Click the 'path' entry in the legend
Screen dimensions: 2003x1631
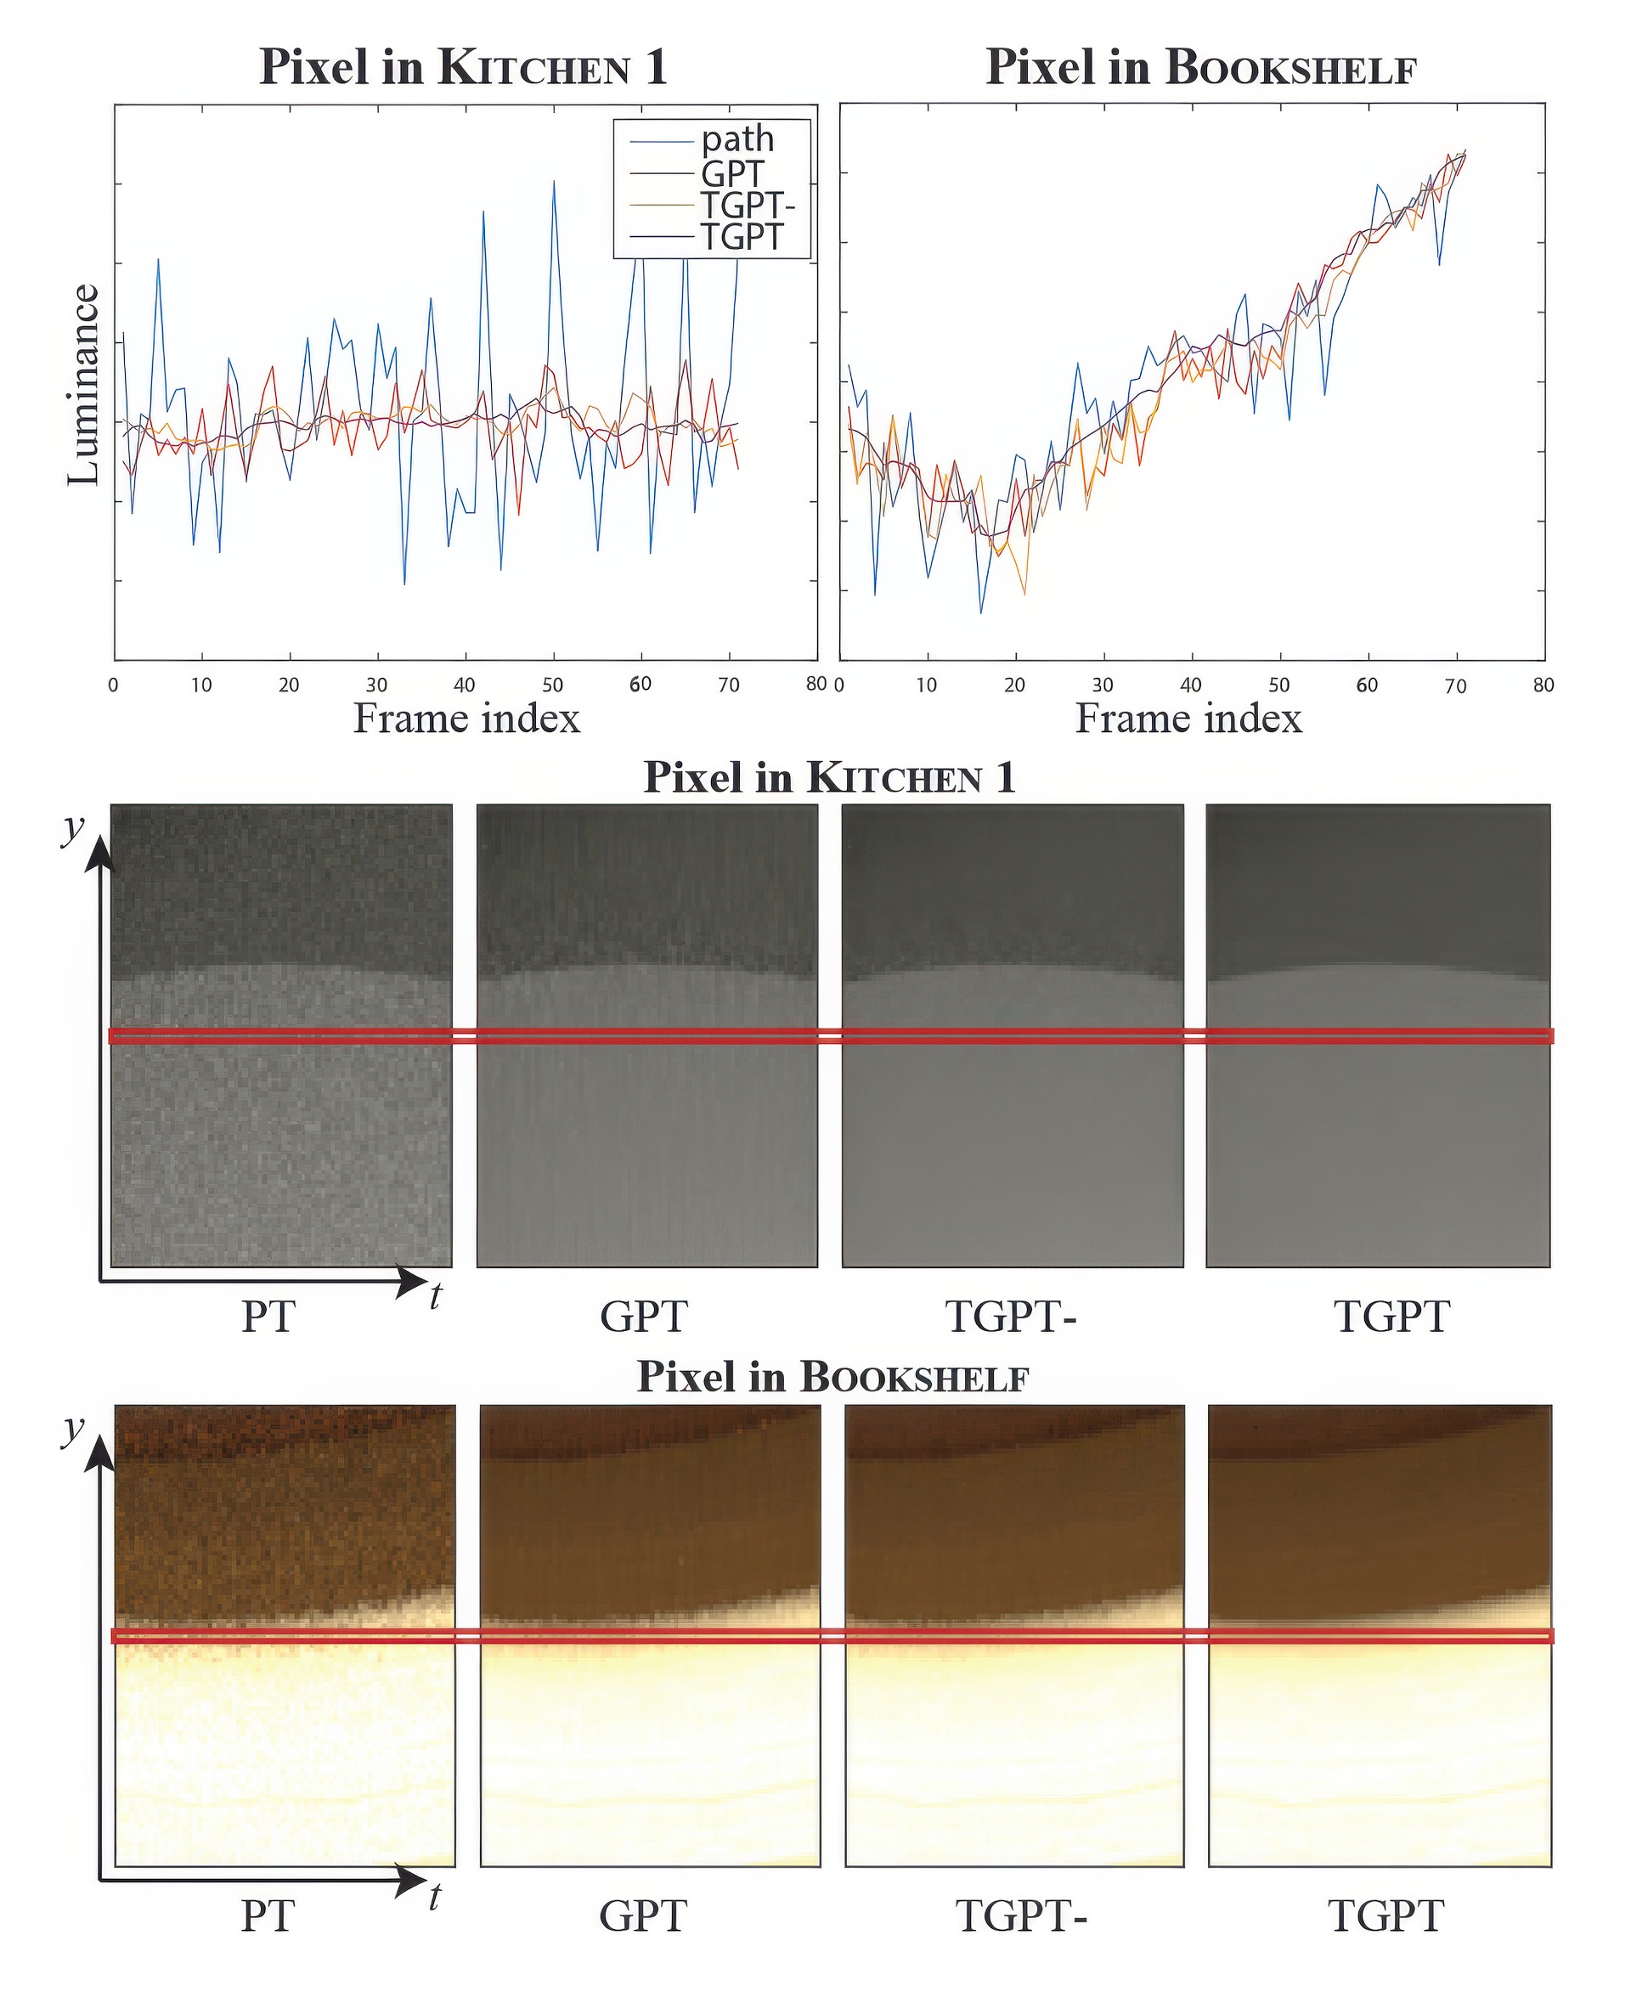(737, 140)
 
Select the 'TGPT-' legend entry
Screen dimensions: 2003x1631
(747, 204)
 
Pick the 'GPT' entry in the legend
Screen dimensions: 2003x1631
(732, 173)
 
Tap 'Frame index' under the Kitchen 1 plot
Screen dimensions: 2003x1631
(466, 719)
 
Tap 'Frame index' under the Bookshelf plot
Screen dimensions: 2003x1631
(1188, 719)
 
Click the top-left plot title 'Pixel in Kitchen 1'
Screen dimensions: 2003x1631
(463, 68)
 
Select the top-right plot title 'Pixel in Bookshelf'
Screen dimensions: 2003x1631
(1200, 68)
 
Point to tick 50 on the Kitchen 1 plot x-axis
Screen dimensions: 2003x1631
(552, 685)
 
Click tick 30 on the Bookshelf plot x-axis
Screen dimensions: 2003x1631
(1102, 685)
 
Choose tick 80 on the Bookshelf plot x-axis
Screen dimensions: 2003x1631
(1544, 685)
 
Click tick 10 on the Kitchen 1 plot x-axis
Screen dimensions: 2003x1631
(201, 685)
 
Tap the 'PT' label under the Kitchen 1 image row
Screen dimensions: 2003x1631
(268, 1317)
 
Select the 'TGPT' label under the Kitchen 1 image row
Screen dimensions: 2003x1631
(1391, 1317)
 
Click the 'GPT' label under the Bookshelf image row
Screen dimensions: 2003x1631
(644, 1916)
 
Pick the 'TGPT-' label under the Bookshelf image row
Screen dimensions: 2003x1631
(1021, 1916)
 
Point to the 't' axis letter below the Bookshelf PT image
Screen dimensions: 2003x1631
(434, 1897)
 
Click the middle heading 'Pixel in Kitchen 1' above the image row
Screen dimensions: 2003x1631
(828, 778)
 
